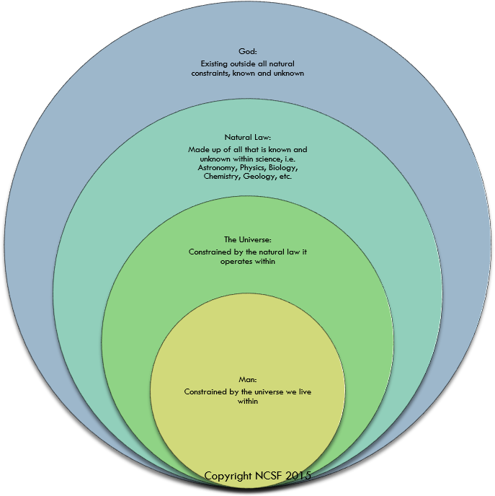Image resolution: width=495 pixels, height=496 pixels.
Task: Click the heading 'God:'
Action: [x=248, y=51]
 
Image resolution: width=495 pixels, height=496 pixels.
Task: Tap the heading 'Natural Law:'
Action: [x=248, y=137]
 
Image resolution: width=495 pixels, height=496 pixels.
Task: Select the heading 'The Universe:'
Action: [x=248, y=240]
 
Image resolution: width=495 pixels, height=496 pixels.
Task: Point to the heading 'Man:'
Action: [x=248, y=379]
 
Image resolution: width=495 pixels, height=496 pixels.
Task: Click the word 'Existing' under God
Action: [x=214, y=64]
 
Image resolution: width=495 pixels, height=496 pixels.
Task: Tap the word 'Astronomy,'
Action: [x=218, y=168]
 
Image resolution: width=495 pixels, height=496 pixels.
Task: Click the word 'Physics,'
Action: [x=253, y=168]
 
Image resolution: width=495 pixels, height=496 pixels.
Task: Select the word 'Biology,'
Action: [x=283, y=168]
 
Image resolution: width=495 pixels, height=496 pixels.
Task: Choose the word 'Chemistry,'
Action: [x=222, y=177]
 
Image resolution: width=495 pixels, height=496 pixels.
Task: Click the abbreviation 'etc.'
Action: [x=285, y=177]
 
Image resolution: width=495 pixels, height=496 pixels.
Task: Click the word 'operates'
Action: [x=234, y=262]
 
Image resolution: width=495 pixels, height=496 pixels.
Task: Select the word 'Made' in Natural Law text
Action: [x=197, y=150]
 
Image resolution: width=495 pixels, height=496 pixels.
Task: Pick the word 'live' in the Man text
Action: [x=305, y=391]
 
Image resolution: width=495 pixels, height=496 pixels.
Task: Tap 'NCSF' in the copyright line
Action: [x=268, y=476]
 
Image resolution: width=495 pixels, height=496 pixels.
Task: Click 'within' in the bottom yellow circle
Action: [x=248, y=401]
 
